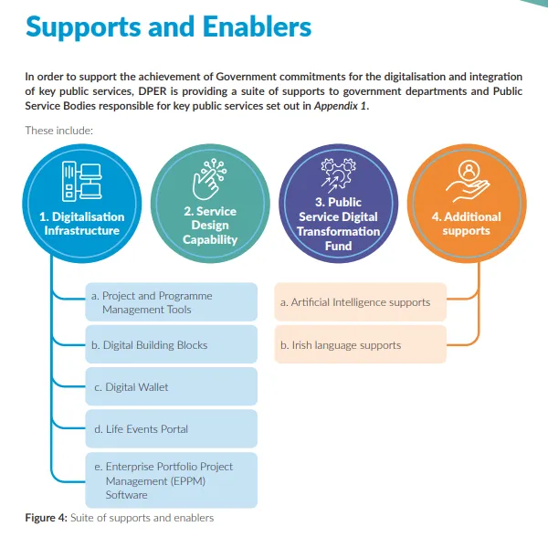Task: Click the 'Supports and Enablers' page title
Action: pos(168,27)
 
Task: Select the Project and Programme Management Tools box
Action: pos(171,302)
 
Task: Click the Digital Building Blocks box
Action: pos(171,345)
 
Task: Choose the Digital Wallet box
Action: pos(171,387)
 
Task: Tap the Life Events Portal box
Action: pos(171,428)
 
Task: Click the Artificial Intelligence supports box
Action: pos(360,302)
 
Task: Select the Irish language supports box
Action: pos(360,345)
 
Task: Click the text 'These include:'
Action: pos(59,130)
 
